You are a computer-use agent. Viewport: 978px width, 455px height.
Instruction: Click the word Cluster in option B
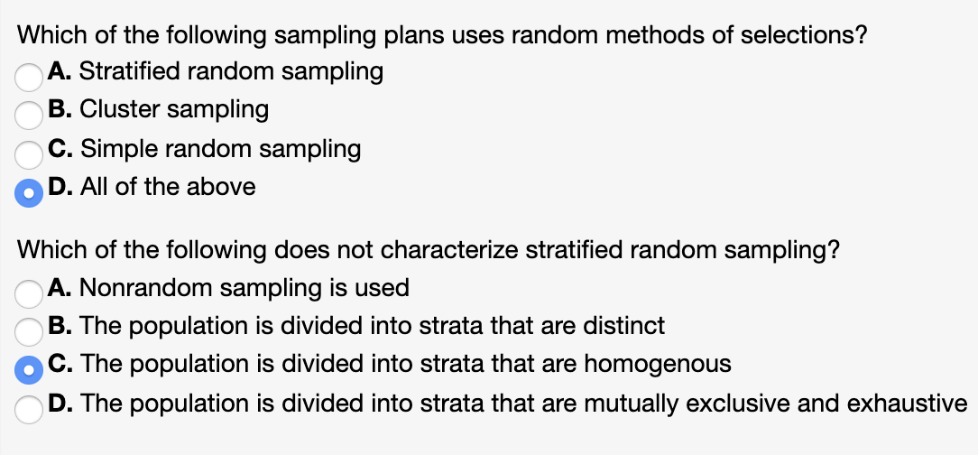point(114,109)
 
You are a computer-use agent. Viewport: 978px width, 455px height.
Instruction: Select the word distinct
point(625,326)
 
